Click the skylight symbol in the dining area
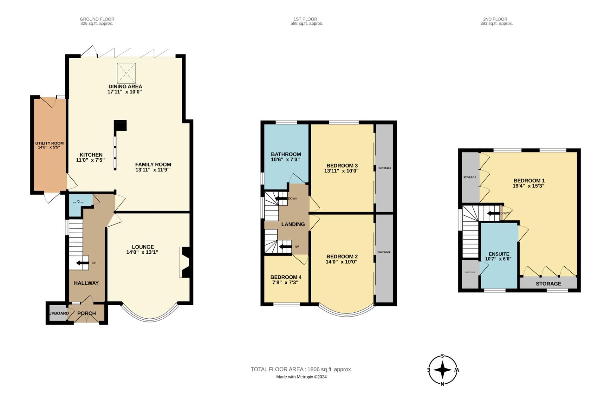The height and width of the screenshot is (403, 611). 127,73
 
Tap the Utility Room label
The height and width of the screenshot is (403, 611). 49,143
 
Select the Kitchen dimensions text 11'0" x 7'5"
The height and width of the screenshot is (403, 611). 90,160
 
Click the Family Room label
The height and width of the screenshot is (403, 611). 153,164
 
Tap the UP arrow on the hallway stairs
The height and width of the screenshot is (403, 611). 80,263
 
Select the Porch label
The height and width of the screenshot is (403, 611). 87,313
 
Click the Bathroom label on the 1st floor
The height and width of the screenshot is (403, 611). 286,154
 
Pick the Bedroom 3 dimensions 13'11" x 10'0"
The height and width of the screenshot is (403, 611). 342,171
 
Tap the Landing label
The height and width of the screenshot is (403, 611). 293,224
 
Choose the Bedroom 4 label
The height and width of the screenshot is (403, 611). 286,277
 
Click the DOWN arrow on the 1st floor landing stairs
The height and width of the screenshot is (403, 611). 280,198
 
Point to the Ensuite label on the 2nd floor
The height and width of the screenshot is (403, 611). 498,254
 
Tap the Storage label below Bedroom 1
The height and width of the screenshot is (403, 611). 548,284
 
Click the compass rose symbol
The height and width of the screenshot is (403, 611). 443,370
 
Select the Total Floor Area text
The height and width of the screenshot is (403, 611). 301,369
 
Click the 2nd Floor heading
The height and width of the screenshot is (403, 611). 496,19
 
